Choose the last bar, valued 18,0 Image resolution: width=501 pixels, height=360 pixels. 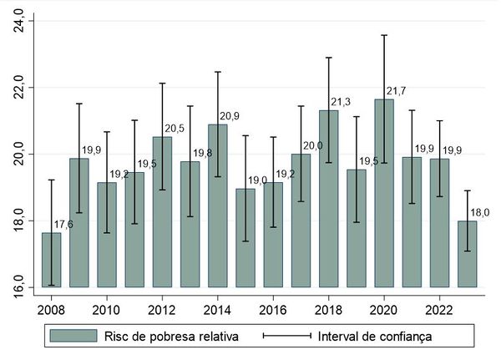coord(468,254)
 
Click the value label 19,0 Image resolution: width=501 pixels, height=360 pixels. coord(256,180)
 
